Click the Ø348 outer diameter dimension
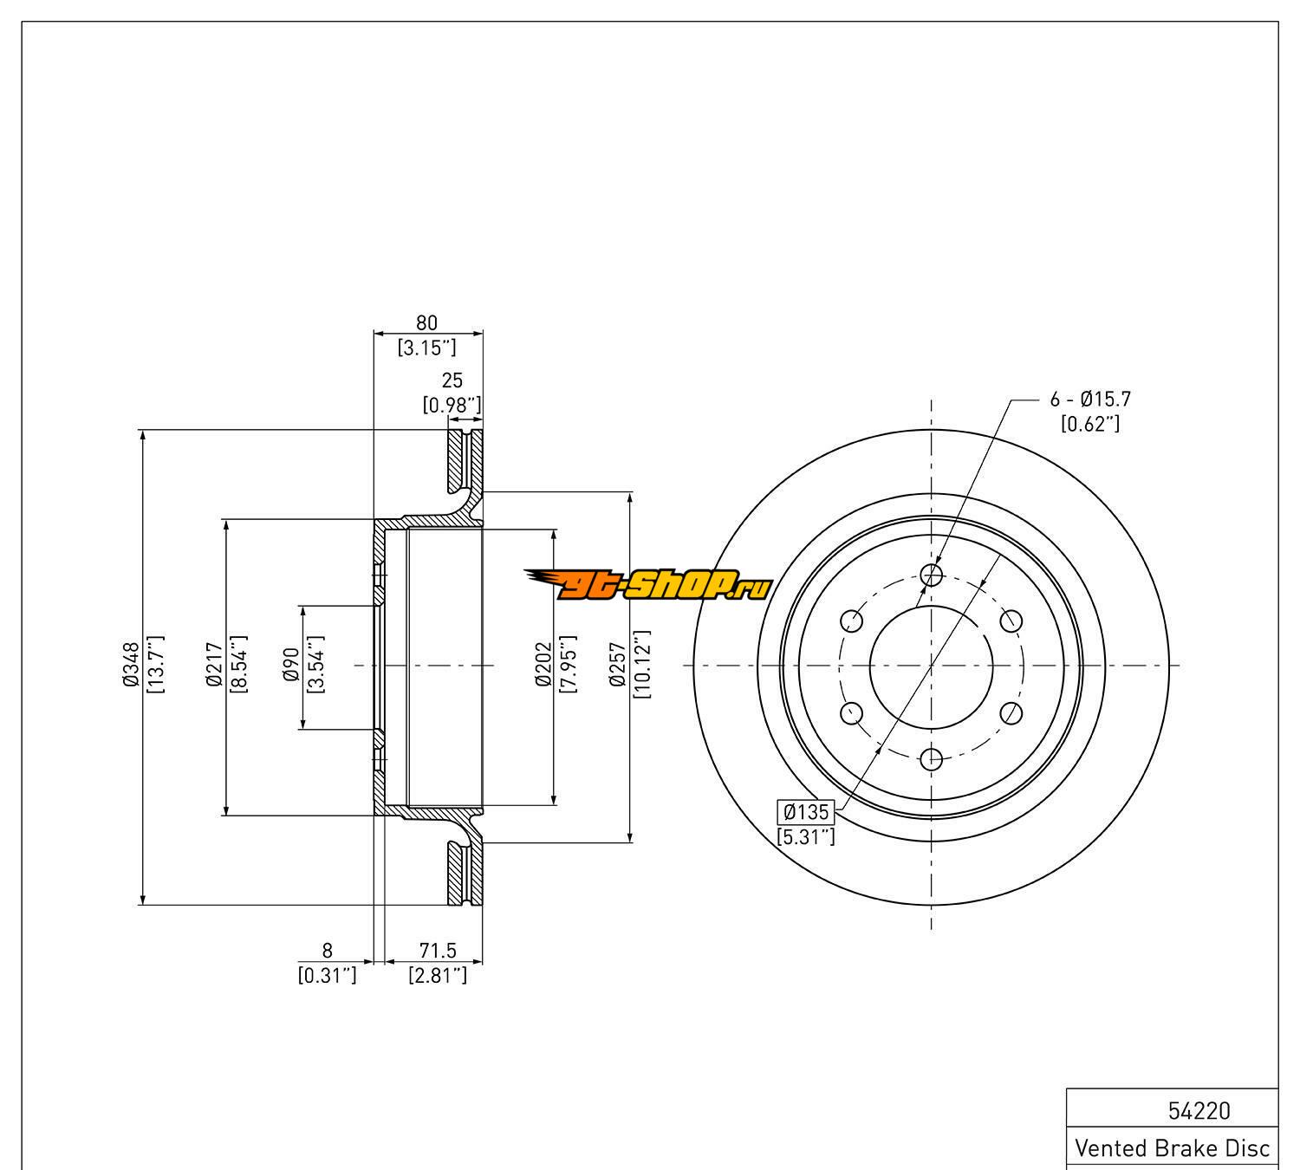tap(131, 666)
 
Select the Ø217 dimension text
tap(215, 666)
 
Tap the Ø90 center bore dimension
tap(291, 666)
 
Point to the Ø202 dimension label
tap(544, 666)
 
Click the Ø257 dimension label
tap(618, 666)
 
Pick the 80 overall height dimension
tap(426, 323)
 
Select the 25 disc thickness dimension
tap(452, 380)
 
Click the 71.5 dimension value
tap(438, 952)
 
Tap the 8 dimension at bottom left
tap(328, 952)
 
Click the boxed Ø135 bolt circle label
tap(806, 812)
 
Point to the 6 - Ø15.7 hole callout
tap(1090, 400)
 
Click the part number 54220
tap(1199, 1111)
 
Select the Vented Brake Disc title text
tap(1173, 1148)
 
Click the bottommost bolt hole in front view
tap(932, 760)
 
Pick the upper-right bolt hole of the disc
tap(1011, 621)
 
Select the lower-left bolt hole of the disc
tap(853, 713)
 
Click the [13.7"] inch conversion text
tap(156, 666)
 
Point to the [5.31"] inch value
tap(806, 836)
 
